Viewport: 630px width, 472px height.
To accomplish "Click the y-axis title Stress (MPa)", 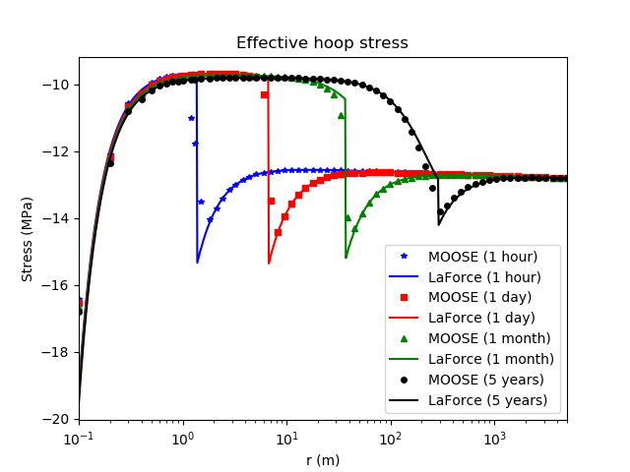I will [28, 239].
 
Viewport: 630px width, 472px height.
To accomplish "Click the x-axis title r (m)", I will [322, 460].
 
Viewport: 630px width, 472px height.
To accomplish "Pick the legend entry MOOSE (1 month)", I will [491, 338].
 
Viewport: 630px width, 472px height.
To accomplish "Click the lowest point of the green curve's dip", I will [346, 258].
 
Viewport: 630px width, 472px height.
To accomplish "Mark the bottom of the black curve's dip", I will [439, 224].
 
